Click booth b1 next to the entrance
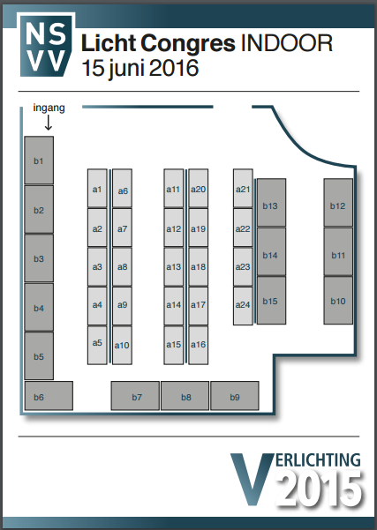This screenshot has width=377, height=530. click(39, 160)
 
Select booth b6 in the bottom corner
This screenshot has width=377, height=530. click(49, 396)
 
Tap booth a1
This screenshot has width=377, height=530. click(97, 188)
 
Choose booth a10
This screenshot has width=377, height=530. click(122, 345)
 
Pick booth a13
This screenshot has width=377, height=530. click(174, 266)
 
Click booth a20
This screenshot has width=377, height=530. click(199, 188)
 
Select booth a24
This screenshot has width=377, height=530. click(243, 306)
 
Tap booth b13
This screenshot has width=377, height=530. click(271, 203)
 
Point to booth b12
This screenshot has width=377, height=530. click(338, 203)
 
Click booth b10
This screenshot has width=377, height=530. click(338, 301)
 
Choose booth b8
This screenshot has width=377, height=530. click(185, 396)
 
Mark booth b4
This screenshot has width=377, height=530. click(39, 307)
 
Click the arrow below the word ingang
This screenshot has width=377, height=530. click(49, 123)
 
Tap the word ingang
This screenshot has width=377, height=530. click(49, 108)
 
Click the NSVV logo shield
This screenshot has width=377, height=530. click(46, 45)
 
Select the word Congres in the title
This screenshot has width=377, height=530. click(188, 43)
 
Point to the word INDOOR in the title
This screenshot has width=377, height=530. click(287, 43)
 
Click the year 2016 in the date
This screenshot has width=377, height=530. click(173, 68)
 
